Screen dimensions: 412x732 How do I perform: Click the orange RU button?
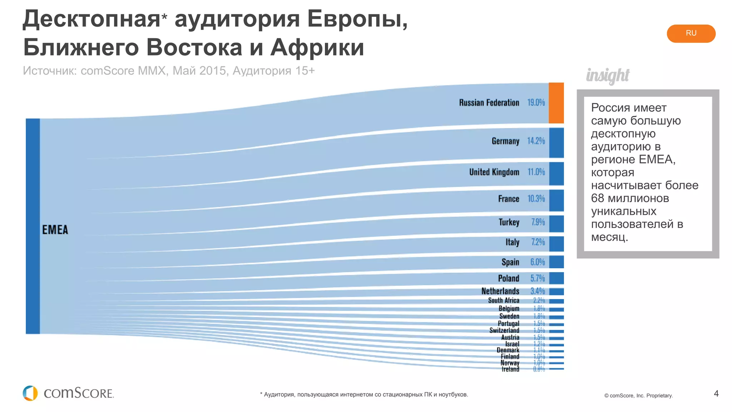click(x=691, y=34)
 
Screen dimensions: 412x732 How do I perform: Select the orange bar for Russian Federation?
click(x=556, y=103)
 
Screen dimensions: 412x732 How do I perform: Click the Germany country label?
click(x=505, y=141)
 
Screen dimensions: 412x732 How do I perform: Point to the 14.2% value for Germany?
click(x=536, y=141)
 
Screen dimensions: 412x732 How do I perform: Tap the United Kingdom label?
click(x=494, y=172)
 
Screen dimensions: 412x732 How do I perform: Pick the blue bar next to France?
click(x=556, y=200)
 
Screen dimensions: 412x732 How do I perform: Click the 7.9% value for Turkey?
click(x=538, y=222)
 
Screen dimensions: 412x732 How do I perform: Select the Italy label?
click(x=512, y=242)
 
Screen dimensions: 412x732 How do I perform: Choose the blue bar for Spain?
click(x=556, y=262)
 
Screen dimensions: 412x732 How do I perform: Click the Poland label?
click(x=508, y=278)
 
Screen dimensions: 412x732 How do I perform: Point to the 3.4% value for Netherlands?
click(x=537, y=291)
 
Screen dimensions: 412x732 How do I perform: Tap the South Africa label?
click(x=503, y=300)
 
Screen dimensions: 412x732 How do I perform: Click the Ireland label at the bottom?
click(x=510, y=369)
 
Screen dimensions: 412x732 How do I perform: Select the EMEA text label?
click(x=55, y=230)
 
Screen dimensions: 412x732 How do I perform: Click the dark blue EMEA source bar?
click(x=33, y=226)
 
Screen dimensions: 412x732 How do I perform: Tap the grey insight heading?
click(x=607, y=75)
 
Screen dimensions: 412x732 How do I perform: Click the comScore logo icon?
click(x=30, y=393)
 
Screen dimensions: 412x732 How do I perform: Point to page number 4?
click(x=716, y=393)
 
